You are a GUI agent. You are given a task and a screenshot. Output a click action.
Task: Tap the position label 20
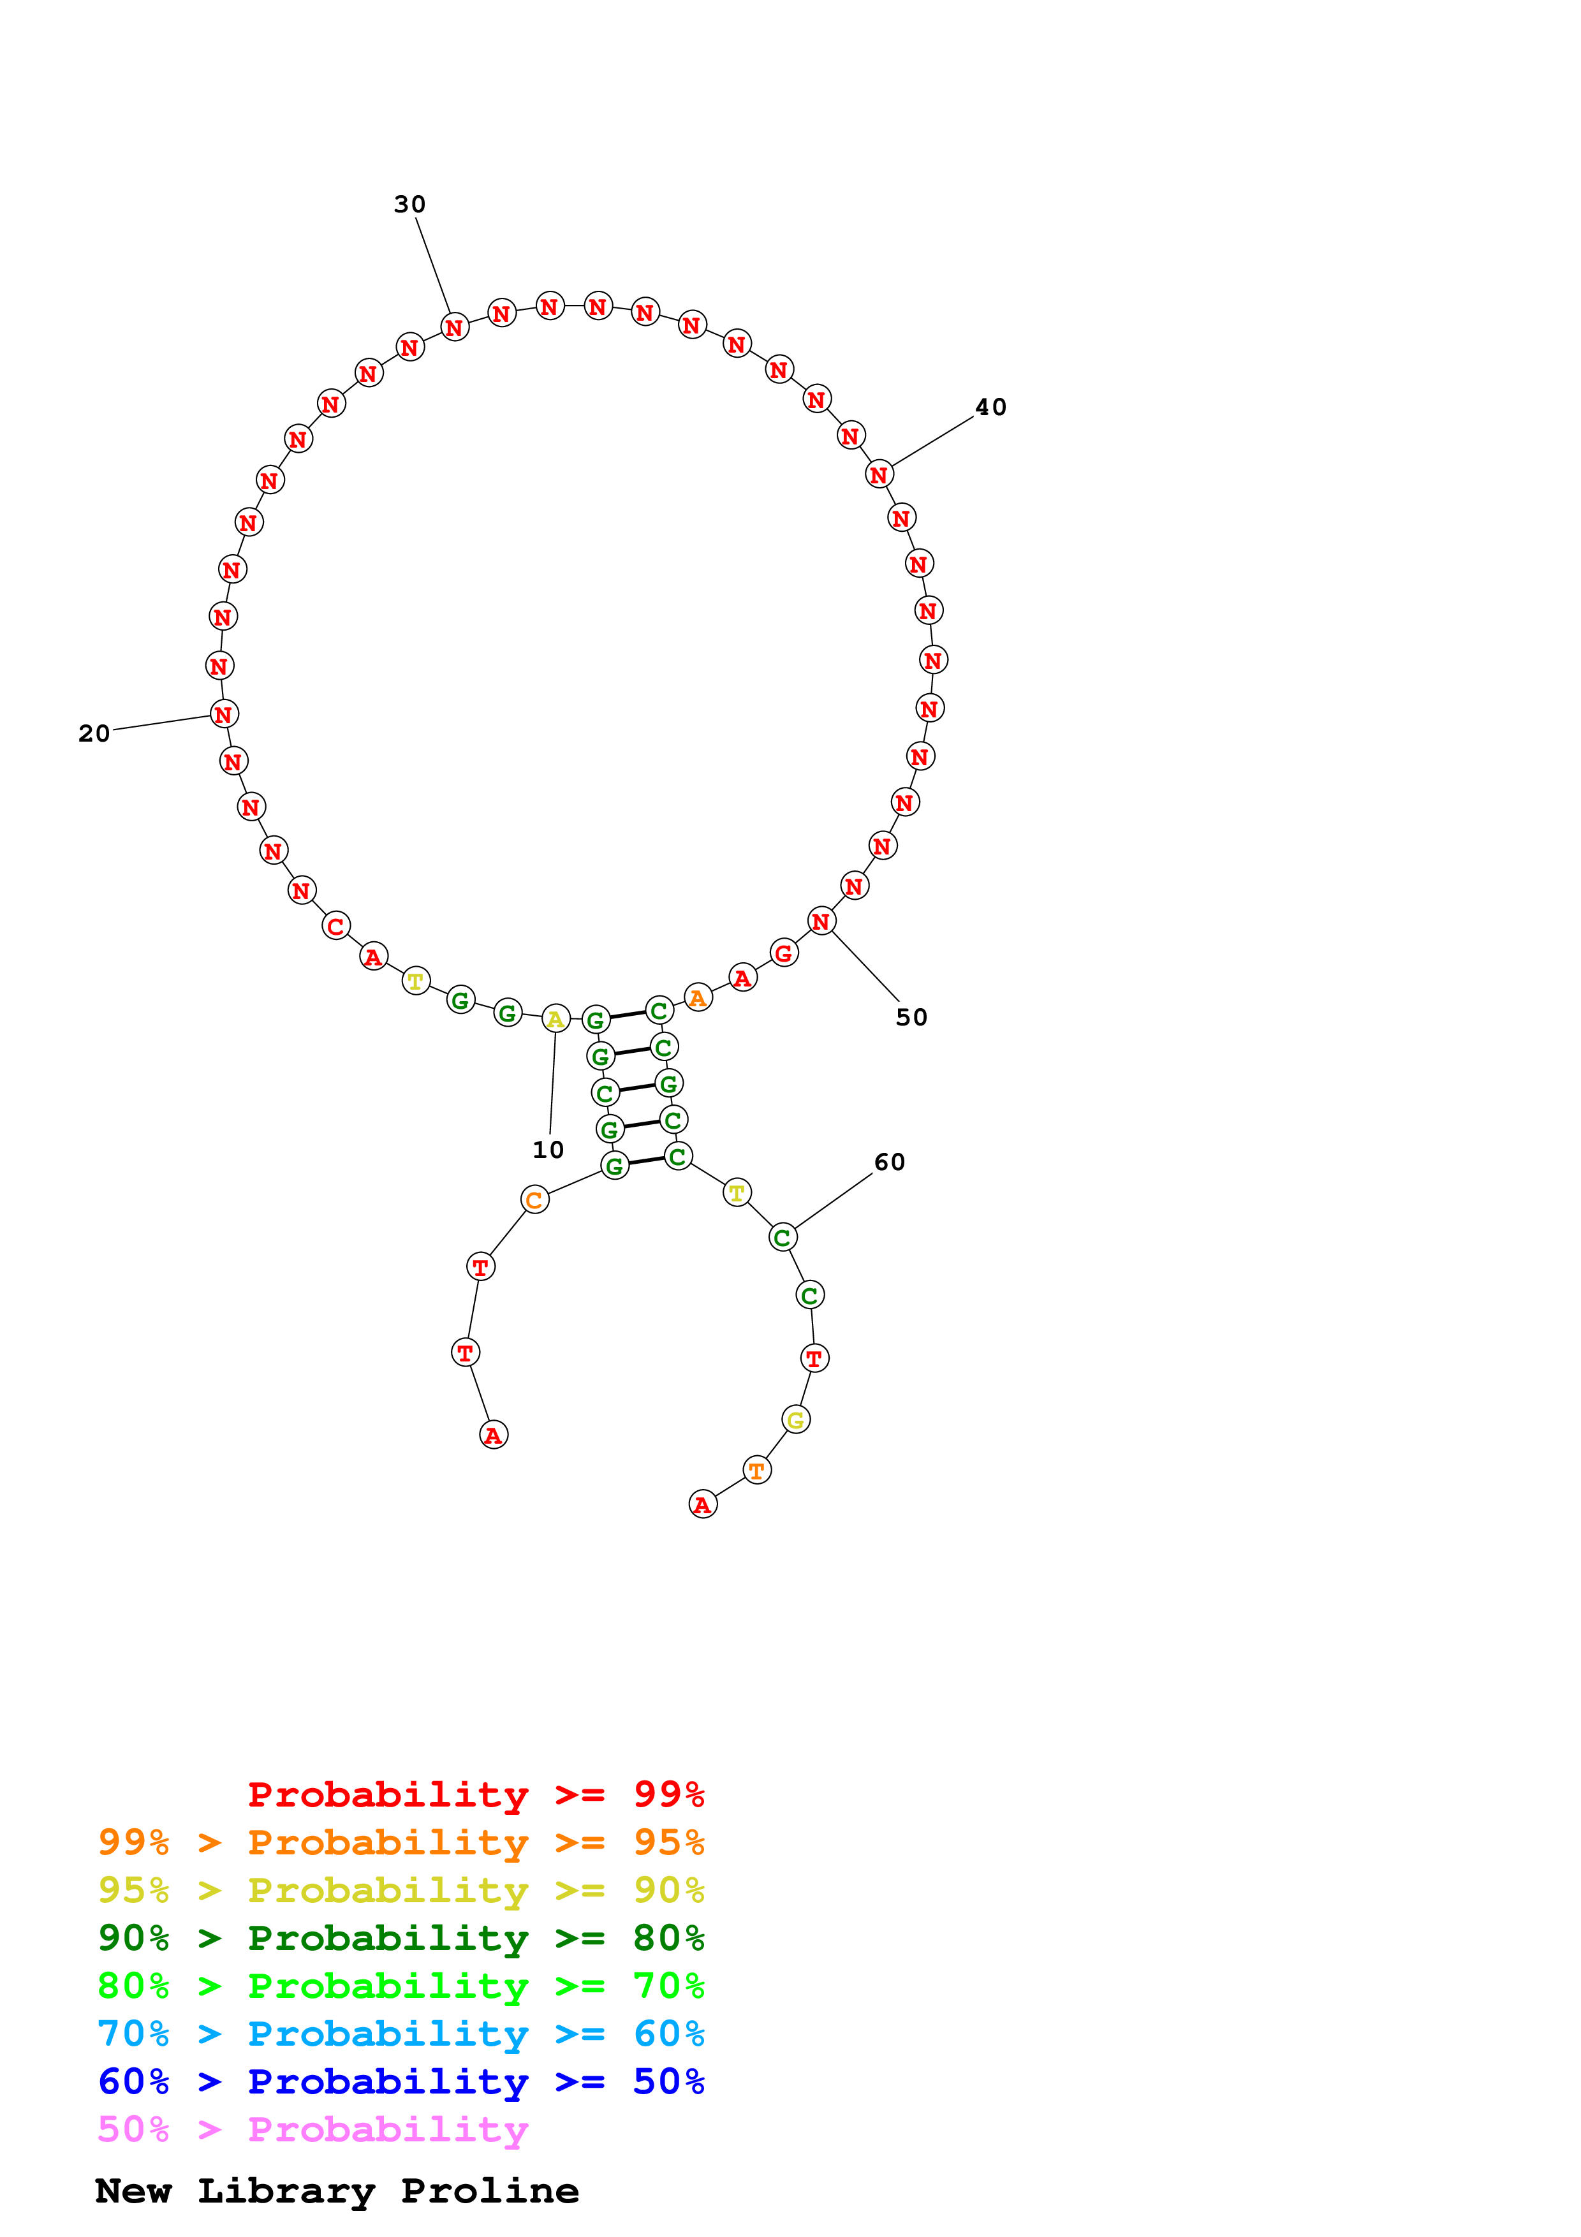coord(94,733)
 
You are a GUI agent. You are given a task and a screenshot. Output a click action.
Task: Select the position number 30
coord(409,203)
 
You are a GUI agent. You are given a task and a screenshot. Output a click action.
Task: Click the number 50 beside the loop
coord(911,1016)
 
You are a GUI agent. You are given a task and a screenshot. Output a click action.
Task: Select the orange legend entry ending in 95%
coord(401,1842)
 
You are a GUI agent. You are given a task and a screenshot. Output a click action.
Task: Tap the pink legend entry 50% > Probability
coord(312,2130)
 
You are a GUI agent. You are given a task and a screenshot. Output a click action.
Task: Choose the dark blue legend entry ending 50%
coord(401,2082)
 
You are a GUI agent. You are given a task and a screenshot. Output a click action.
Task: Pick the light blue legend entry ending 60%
coord(401,2034)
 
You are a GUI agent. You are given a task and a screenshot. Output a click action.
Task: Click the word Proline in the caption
coord(490,2191)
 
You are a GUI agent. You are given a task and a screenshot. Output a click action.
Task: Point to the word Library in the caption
coord(286,2191)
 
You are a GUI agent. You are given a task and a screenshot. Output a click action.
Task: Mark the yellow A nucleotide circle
coord(555,1019)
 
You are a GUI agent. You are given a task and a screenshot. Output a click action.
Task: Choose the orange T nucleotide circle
coord(757,1471)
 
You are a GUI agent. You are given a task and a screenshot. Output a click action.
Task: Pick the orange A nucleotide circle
coord(698,998)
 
